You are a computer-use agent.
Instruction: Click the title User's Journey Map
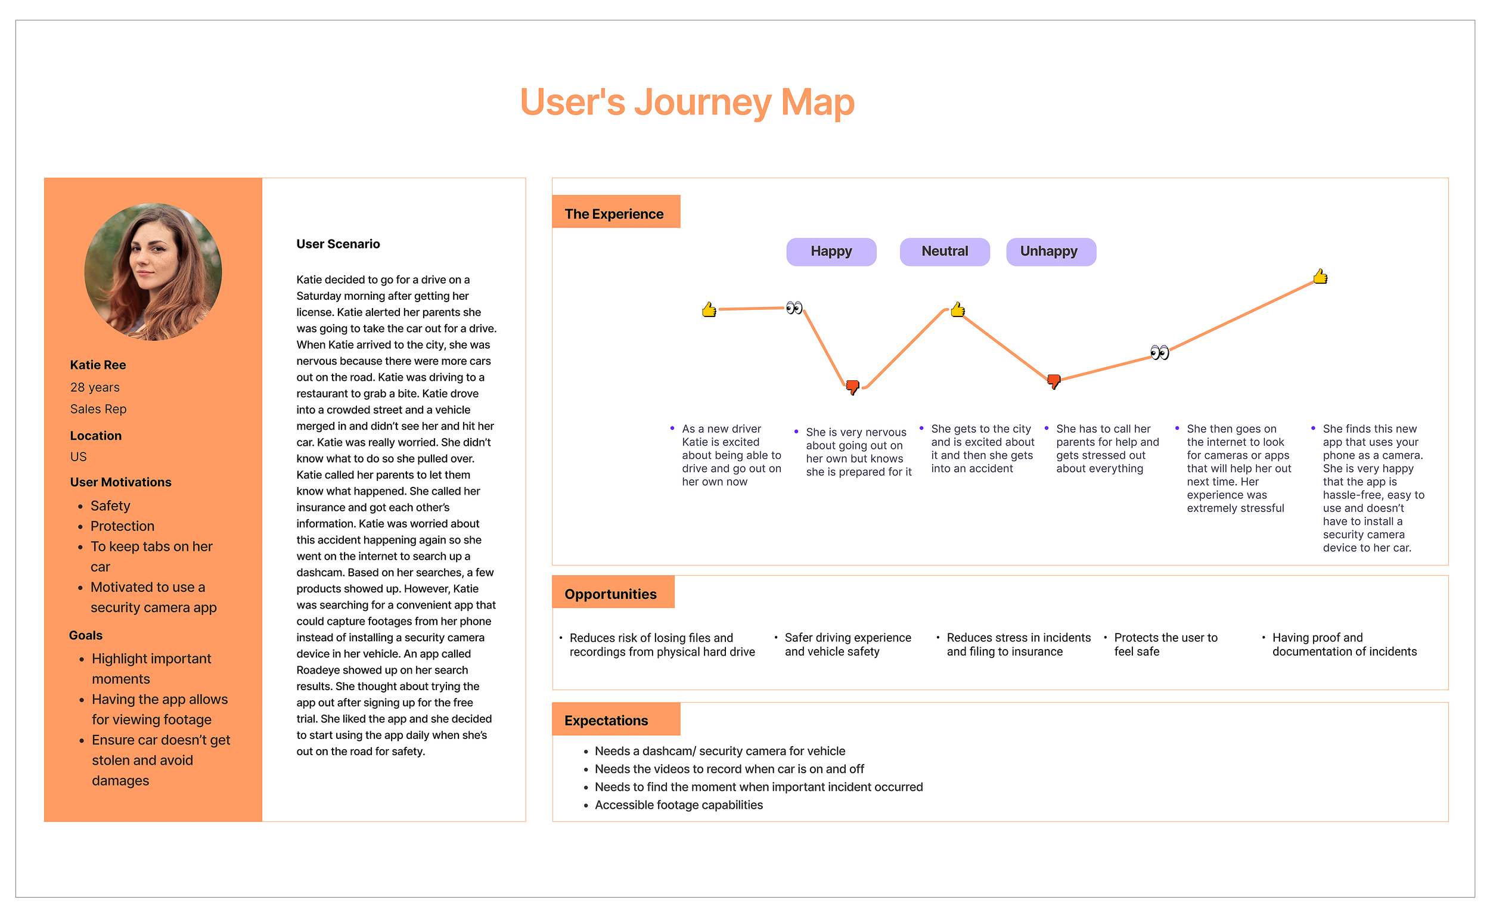click(x=687, y=102)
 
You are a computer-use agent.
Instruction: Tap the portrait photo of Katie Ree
click(x=153, y=272)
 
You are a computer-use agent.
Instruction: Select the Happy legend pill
click(x=831, y=252)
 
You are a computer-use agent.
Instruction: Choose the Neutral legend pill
click(x=944, y=252)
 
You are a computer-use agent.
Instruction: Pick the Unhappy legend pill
click(x=1050, y=252)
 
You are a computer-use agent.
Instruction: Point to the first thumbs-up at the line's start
click(x=709, y=310)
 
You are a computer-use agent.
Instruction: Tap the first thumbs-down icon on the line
click(x=852, y=387)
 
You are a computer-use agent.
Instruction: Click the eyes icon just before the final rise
click(x=1159, y=352)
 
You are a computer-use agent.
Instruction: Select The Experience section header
click(x=614, y=213)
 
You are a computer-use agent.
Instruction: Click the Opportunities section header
click(x=611, y=594)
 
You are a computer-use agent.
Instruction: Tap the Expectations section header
click(x=607, y=720)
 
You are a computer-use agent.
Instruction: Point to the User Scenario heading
click(x=338, y=244)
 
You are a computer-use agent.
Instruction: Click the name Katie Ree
click(x=98, y=365)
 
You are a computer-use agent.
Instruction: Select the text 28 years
click(x=95, y=387)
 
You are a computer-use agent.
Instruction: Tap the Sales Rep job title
click(x=99, y=409)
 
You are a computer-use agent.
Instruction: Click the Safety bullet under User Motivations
click(x=110, y=505)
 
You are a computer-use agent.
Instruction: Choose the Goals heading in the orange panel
click(x=86, y=635)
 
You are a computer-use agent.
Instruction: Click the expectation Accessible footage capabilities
click(x=679, y=805)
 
